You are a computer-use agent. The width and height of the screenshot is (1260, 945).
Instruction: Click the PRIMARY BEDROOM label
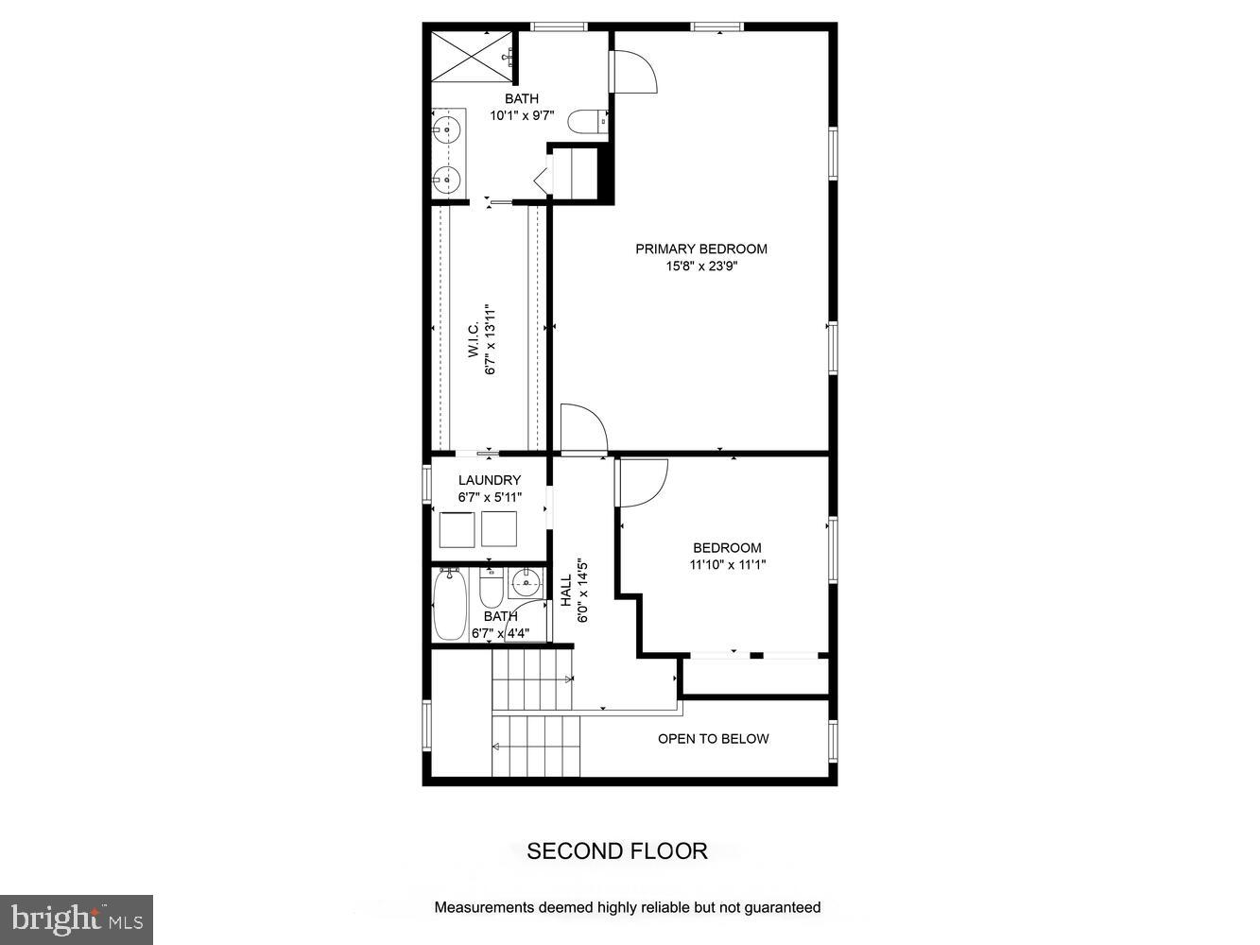[700, 249]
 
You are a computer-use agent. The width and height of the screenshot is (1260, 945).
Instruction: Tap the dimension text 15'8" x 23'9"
[700, 267]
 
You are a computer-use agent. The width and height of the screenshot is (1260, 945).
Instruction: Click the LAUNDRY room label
[489, 480]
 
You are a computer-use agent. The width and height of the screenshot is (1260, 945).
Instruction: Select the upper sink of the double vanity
[446, 130]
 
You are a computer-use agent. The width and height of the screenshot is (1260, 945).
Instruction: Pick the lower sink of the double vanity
[446, 178]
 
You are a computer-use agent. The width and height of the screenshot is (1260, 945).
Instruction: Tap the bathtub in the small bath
[446, 605]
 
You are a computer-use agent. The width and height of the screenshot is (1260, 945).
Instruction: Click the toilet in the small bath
[491, 592]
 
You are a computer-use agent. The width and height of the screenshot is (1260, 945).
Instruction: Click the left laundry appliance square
[457, 528]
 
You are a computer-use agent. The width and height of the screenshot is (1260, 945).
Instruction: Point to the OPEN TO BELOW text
[714, 739]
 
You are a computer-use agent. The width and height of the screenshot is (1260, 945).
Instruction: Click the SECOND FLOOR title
[616, 851]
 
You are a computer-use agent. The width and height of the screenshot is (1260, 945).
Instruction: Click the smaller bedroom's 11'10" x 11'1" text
[727, 565]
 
